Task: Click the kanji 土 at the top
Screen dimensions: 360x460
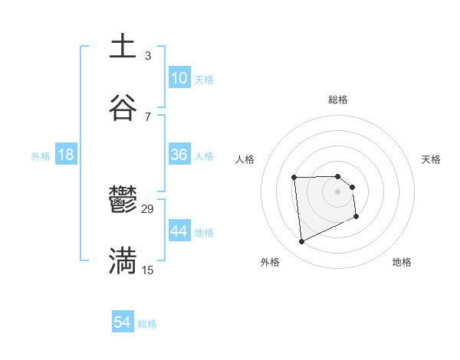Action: [123, 47]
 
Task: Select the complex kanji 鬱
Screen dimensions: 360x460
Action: [123, 201]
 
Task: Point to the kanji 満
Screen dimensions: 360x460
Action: [123, 261]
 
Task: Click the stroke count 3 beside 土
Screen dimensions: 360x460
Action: [147, 55]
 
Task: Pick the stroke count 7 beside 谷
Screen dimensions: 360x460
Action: [147, 116]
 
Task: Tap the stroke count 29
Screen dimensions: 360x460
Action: [148, 209]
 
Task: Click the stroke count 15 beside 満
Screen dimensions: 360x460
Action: [148, 270]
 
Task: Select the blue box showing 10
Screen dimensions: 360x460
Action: [179, 78]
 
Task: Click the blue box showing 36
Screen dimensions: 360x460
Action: [179, 155]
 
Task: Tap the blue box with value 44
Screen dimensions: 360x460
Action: [179, 231]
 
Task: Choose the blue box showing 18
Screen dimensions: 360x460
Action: [66, 155]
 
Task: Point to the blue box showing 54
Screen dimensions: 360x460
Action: [123, 323]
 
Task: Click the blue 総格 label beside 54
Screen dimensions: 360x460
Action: [147, 324]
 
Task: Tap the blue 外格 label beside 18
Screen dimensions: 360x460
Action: [41, 156]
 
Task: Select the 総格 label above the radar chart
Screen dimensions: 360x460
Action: [337, 100]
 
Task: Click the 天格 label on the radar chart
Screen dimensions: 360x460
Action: [432, 159]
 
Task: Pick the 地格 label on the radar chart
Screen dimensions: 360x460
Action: [402, 262]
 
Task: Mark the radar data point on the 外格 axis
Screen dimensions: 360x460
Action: [301, 242]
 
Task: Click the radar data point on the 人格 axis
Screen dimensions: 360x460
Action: [294, 178]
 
